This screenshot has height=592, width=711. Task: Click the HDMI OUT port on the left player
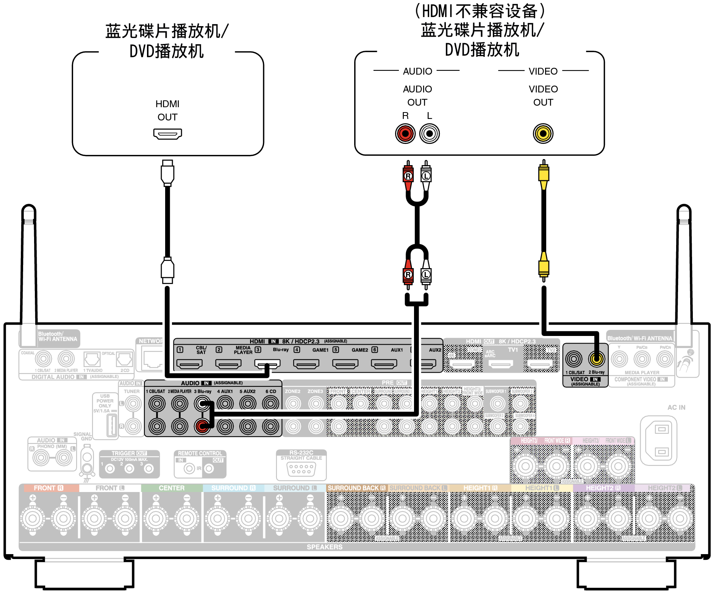[x=167, y=134]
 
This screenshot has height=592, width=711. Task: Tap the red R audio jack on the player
[x=405, y=134]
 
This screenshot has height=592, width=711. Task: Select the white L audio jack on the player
[x=429, y=134]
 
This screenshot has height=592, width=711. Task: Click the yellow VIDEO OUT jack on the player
[x=543, y=134]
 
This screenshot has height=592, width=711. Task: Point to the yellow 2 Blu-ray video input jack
[x=596, y=359]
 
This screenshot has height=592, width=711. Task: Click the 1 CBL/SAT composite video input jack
[x=573, y=359]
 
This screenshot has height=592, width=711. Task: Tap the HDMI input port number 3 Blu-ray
[x=267, y=364]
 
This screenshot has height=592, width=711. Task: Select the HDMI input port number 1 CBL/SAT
[x=189, y=364]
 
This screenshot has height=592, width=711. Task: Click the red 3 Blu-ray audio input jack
[x=202, y=426]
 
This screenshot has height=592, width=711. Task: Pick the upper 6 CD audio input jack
[x=270, y=403]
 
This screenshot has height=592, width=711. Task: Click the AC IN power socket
[x=658, y=440]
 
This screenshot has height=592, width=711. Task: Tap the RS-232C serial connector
[x=301, y=470]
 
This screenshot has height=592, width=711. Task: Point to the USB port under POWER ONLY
[x=112, y=425]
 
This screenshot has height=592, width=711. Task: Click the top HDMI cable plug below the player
[x=167, y=173]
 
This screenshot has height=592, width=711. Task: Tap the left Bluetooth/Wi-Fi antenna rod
[x=29, y=265]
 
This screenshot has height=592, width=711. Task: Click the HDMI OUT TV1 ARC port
[x=501, y=364]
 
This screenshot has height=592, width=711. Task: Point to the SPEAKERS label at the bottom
[x=324, y=547]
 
